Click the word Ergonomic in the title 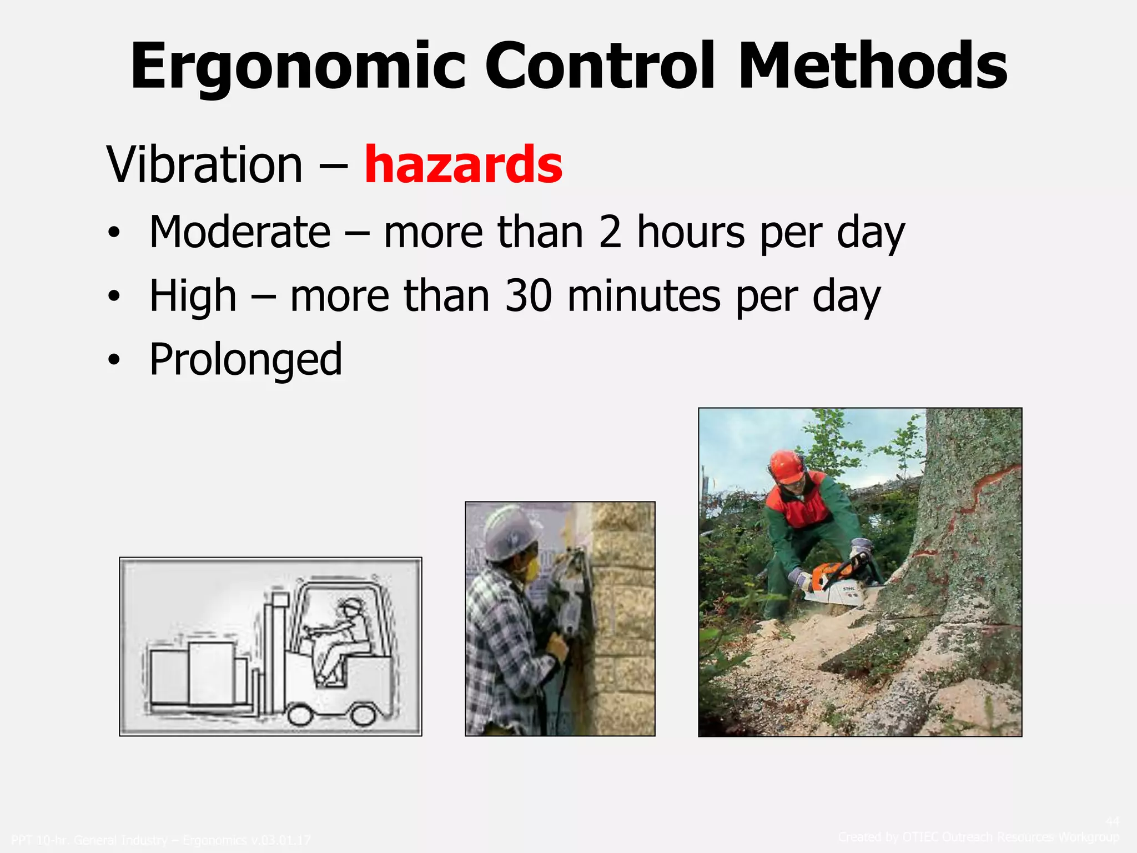pyautogui.click(x=297, y=67)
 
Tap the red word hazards pyautogui.click(x=463, y=164)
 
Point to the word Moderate pyautogui.click(x=240, y=232)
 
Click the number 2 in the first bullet pyautogui.click(x=610, y=232)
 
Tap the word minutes pyautogui.click(x=644, y=296)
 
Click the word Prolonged pyautogui.click(x=245, y=360)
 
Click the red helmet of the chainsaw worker pyautogui.click(x=787, y=465)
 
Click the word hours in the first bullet pyautogui.click(x=691, y=232)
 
